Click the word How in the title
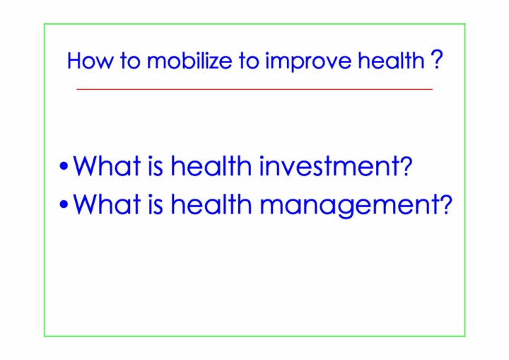pos(90,61)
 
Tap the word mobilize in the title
pos(189,60)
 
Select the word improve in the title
pos(308,62)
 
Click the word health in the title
pos(390,60)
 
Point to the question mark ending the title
pos(437,59)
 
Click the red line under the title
pos(255,88)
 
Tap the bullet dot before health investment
pos(64,166)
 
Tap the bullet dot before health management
pos(64,204)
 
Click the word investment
pos(330,166)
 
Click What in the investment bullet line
pos(107,166)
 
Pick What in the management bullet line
pos(107,204)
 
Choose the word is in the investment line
pos(155,166)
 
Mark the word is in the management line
pos(155,204)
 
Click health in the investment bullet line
pos(211,166)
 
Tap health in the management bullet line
pos(211,204)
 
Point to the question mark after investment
pos(406,166)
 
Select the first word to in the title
pos(130,61)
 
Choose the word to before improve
pos(249,61)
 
